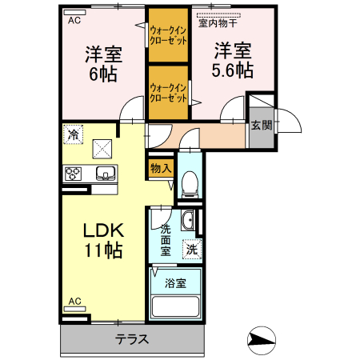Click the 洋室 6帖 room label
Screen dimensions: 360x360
(x=104, y=65)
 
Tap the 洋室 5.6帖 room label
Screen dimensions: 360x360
(x=233, y=59)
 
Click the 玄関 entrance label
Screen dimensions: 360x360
(x=261, y=125)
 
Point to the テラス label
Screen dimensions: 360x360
(x=132, y=339)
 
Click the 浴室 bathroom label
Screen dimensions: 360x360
(x=175, y=282)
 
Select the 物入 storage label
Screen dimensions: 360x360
(x=160, y=168)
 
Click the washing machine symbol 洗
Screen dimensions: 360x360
(x=191, y=249)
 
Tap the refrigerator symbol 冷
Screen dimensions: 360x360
(x=74, y=134)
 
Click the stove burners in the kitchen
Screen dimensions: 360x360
(x=74, y=173)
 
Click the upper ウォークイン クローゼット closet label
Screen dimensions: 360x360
(x=168, y=35)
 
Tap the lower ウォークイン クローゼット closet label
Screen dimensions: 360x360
(x=168, y=92)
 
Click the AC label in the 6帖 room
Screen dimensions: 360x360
(x=74, y=20)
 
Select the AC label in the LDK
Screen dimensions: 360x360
(x=74, y=301)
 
